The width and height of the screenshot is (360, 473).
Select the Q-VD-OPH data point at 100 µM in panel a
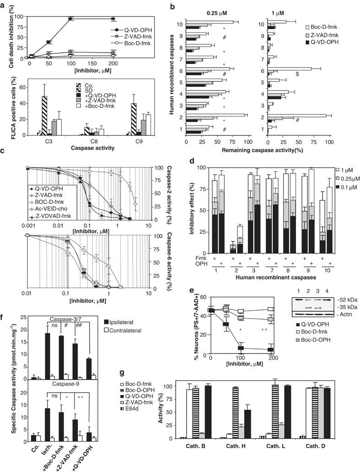71,19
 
